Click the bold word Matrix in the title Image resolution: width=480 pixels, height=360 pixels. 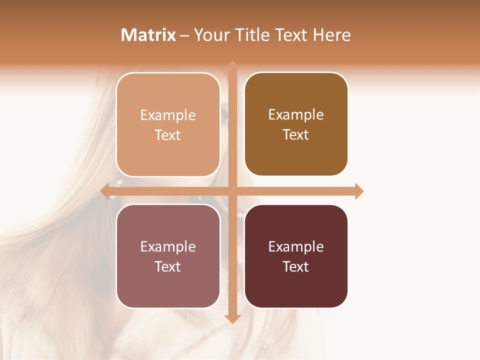[148, 35]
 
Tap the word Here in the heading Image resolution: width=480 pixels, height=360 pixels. [331, 35]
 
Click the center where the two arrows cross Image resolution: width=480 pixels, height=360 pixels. [232, 191]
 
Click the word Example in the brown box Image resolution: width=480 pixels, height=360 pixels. [296, 114]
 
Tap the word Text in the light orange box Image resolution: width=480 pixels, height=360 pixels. [168, 135]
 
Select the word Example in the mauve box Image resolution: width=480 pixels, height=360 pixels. [168, 246]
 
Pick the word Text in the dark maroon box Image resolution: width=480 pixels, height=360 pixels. [296, 266]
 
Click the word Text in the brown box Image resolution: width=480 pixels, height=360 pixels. [296, 134]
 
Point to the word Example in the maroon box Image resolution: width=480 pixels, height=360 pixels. [296, 246]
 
